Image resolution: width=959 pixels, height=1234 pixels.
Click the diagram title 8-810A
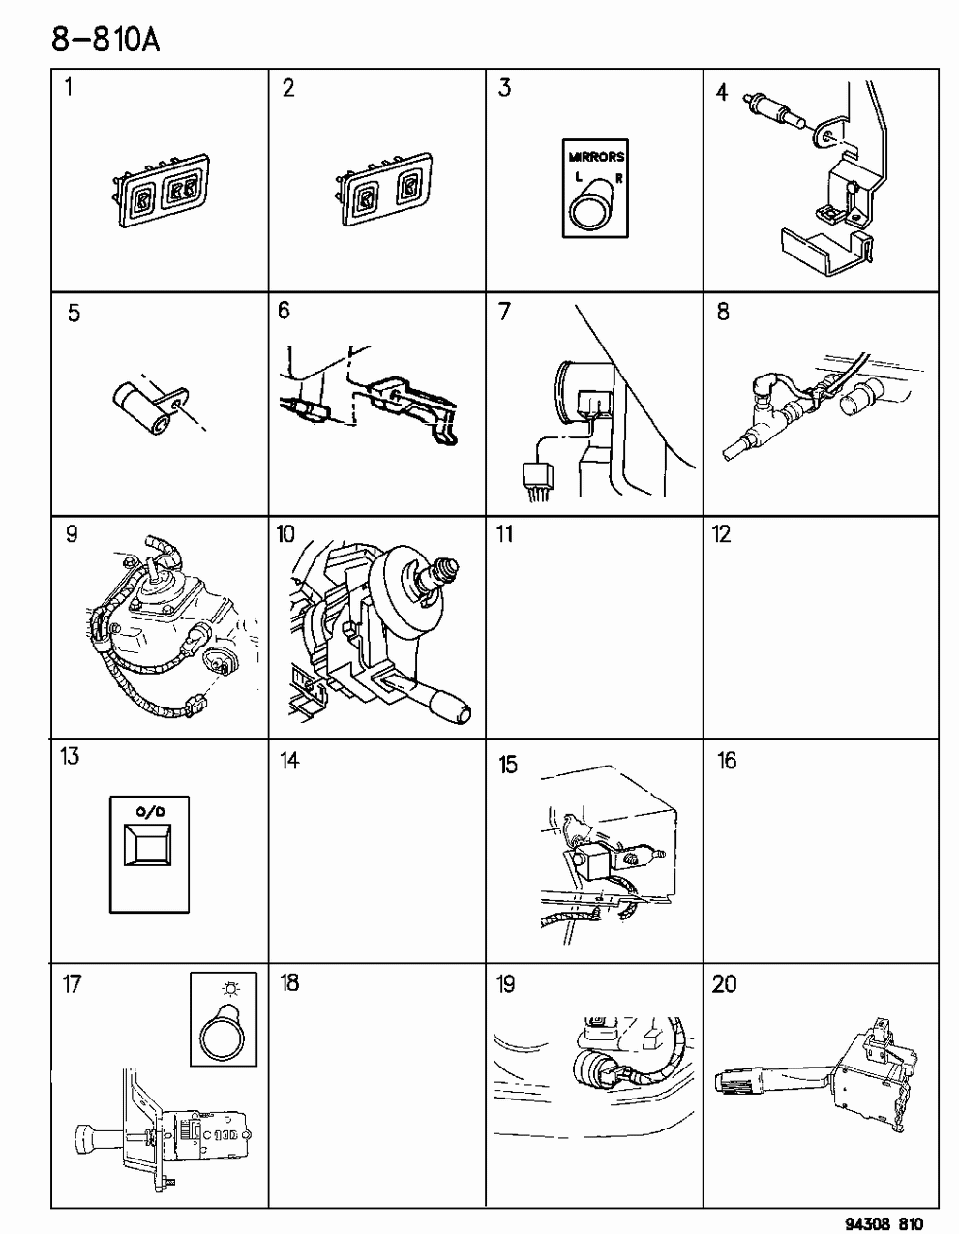(x=105, y=41)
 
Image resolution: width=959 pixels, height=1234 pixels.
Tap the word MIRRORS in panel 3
(x=596, y=156)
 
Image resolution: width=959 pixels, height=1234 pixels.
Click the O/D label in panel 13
(x=150, y=812)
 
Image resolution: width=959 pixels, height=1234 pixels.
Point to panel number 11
(x=505, y=534)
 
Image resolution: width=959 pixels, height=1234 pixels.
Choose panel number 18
(x=289, y=981)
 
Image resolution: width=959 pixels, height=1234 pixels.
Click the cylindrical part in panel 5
(x=141, y=408)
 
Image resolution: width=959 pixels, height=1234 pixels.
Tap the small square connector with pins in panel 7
(x=537, y=476)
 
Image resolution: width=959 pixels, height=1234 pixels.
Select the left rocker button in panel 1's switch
(x=142, y=199)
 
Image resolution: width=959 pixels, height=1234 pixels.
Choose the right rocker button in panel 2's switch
(x=408, y=188)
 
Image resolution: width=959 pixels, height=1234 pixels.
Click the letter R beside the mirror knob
(x=619, y=178)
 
